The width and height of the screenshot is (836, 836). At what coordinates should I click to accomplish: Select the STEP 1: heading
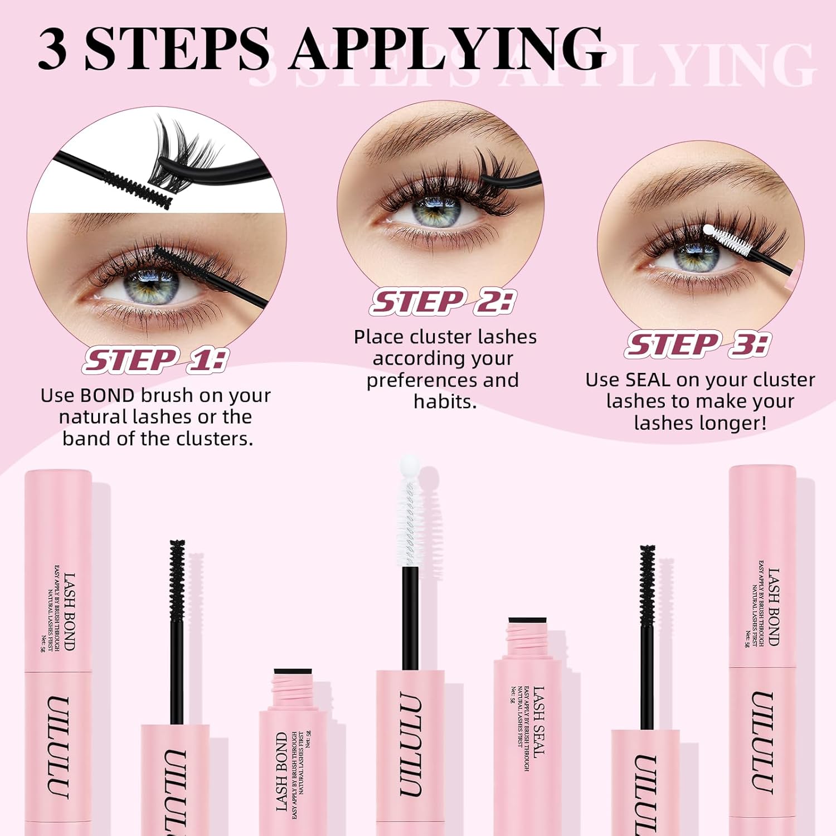[x=155, y=360]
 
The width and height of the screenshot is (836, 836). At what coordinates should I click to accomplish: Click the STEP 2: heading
[x=443, y=302]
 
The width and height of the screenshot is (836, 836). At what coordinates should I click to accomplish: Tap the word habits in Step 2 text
[x=444, y=402]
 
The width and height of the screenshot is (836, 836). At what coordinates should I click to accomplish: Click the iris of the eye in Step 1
[x=151, y=285]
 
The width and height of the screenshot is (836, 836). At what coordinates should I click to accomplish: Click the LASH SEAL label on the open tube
[x=538, y=722]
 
